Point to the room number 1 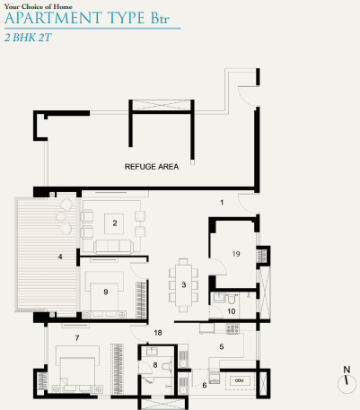(221, 203)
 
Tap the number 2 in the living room (115, 222)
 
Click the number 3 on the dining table (184, 284)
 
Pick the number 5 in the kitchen (222, 345)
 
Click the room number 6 (205, 385)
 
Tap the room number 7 (77, 337)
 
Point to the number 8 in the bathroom (155, 365)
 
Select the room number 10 (231, 310)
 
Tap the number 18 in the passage (157, 333)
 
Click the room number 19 (235, 254)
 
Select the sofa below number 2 (114, 246)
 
